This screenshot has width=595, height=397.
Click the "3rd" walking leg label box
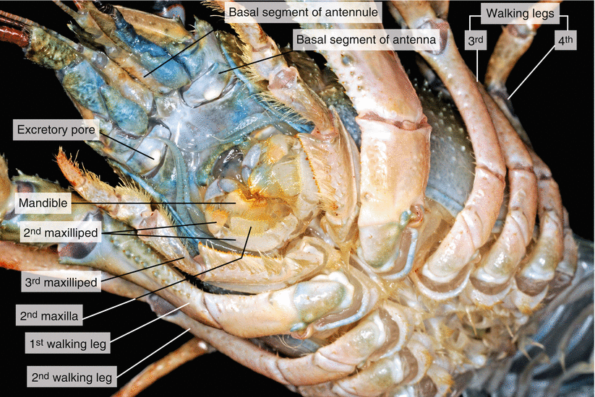(x=474, y=42)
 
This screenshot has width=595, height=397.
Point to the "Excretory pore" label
(x=56, y=131)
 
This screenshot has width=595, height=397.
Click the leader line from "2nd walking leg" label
(x=152, y=354)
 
